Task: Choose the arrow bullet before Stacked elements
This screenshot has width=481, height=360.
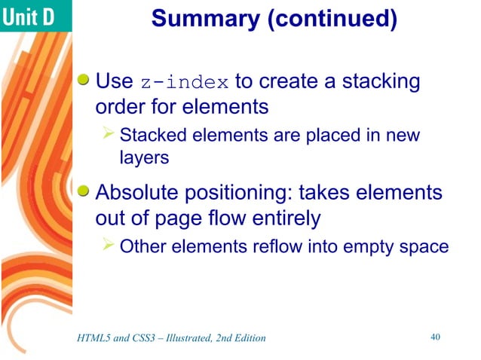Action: pos(109,135)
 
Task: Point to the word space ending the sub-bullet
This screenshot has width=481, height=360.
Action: pos(426,247)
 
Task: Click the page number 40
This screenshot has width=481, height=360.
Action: pos(434,337)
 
